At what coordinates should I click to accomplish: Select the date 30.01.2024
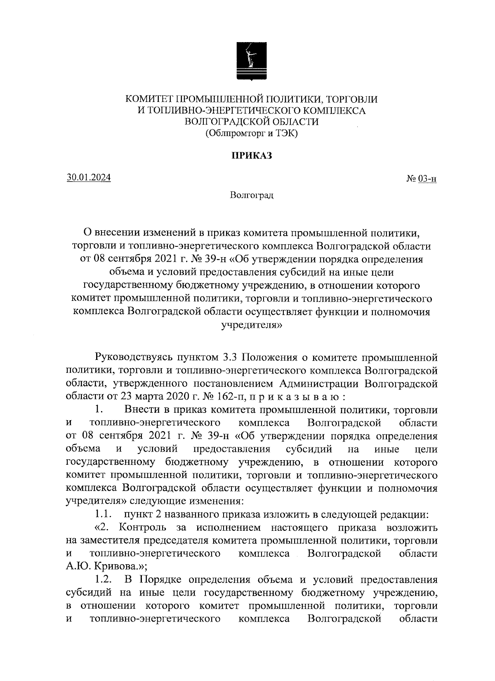89,178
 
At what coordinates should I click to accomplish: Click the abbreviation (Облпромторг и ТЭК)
251,134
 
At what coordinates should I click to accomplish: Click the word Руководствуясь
133,357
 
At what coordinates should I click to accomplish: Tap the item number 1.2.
103,580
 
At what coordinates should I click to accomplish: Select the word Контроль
142,527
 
